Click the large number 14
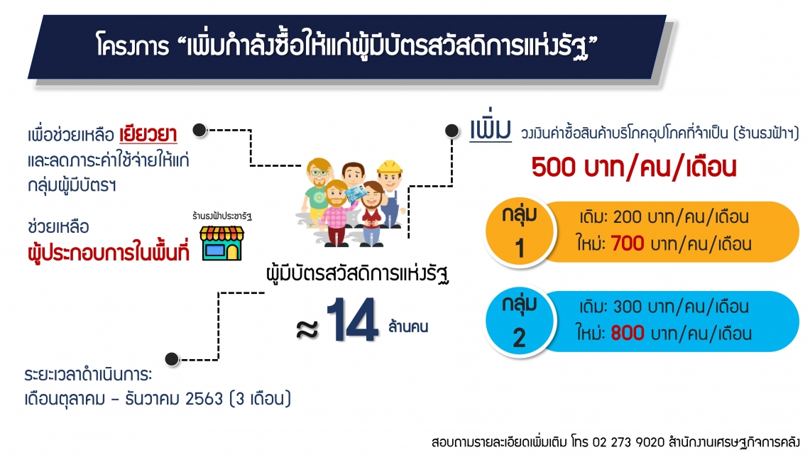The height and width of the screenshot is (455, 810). pyautogui.click(x=352, y=319)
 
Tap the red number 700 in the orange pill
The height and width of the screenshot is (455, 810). pyautogui.click(x=627, y=243)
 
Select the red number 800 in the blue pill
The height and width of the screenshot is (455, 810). pyautogui.click(x=627, y=333)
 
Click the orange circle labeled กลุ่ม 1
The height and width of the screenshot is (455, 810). pyautogui.click(x=519, y=231)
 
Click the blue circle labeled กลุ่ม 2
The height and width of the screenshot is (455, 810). pyautogui.click(x=519, y=322)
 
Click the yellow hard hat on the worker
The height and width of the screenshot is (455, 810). pyautogui.click(x=390, y=168)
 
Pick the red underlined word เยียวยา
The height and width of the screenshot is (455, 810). pyautogui.click(x=148, y=135)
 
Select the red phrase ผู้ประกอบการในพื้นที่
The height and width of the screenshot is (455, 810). pyautogui.click(x=109, y=251)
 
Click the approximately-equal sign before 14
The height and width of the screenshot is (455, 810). pyautogui.click(x=307, y=329)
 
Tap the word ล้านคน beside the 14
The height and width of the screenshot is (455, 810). pyautogui.click(x=408, y=327)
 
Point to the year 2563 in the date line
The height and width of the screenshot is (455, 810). pyautogui.click(x=204, y=399)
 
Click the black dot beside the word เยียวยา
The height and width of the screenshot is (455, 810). pyautogui.click(x=199, y=130)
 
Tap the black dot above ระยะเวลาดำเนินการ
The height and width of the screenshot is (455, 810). pyautogui.click(x=172, y=358)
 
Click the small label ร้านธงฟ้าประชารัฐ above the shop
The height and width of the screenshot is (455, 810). pyautogui.click(x=222, y=216)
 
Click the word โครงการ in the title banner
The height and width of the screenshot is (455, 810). pyautogui.click(x=133, y=46)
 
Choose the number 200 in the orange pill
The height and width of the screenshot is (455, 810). pyautogui.click(x=627, y=216)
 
